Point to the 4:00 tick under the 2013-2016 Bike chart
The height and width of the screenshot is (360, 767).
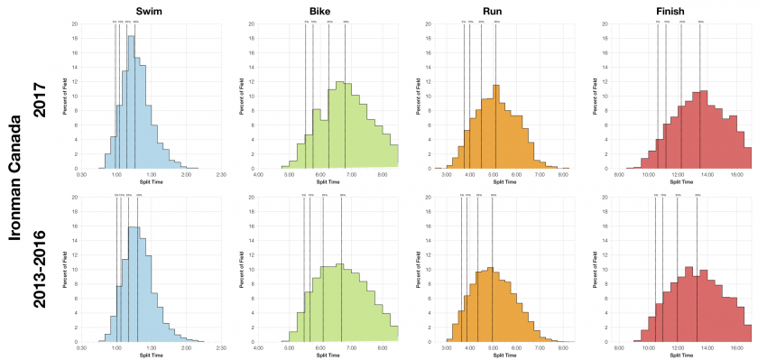click(x=258, y=347)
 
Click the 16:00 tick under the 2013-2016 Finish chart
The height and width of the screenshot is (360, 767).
click(x=736, y=347)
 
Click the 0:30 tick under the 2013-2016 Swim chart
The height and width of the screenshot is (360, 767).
click(x=81, y=347)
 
